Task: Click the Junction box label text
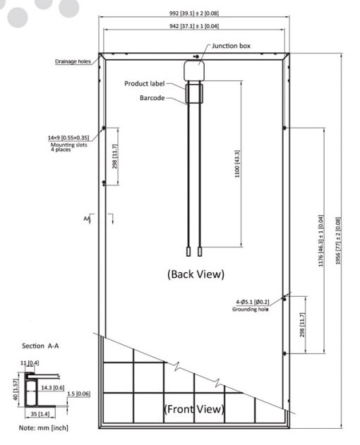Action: click(231, 46)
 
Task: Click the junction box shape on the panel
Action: click(194, 71)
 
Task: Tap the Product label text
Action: click(144, 84)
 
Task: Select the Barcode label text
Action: click(152, 98)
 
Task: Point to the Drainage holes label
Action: click(73, 61)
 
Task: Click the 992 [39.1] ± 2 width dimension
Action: click(194, 13)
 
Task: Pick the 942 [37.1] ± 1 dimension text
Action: click(194, 26)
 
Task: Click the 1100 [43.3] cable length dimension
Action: click(237, 164)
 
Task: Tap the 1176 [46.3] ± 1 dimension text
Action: click(320, 240)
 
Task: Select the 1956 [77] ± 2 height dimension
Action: click(338, 241)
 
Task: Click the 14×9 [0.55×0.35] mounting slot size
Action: click(68, 138)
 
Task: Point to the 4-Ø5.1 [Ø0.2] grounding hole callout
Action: click(252, 302)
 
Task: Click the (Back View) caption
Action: click(196, 274)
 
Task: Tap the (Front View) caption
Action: click(194, 409)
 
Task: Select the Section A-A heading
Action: click(40, 346)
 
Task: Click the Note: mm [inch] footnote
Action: click(44, 427)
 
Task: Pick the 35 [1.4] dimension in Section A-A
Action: click(40, 414)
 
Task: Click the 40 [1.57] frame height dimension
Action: click(16, 390)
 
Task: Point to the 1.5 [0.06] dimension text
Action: click(78, 394)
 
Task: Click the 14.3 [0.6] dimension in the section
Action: click(53, 388)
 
